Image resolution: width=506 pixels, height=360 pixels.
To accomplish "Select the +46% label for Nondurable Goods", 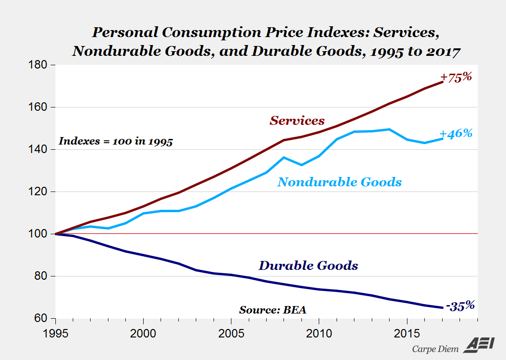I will [x=456, y=133].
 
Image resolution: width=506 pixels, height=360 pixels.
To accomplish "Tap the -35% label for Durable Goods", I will [x=460, y=306].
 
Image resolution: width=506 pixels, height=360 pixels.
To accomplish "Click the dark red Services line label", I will [x=297, y=121].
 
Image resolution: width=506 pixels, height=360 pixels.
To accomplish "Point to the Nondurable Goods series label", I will [x=339, y=182].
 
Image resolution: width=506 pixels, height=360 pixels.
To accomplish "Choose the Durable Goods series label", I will [x=308, y=266].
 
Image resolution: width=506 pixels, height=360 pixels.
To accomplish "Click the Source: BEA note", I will [x=273, y=310].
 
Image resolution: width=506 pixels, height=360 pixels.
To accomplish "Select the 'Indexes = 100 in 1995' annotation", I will [x=115, y=141].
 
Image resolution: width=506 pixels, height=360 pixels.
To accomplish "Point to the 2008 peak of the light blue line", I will [x=284, y=157].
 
